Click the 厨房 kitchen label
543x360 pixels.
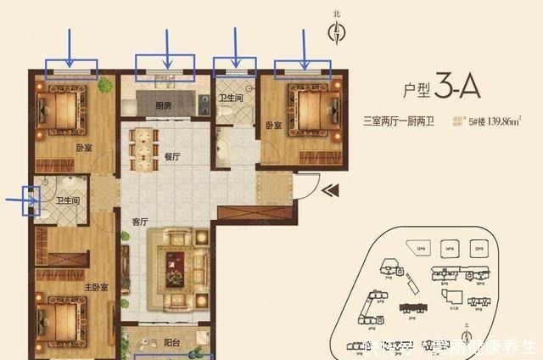(x=165, y=106)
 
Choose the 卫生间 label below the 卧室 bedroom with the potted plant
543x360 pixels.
(x=69, y=201)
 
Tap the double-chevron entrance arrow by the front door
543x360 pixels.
(x=329, y=189)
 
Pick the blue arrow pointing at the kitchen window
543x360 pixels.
(x=167, y=49)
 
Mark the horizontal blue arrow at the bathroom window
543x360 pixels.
(x=20, y=200)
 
